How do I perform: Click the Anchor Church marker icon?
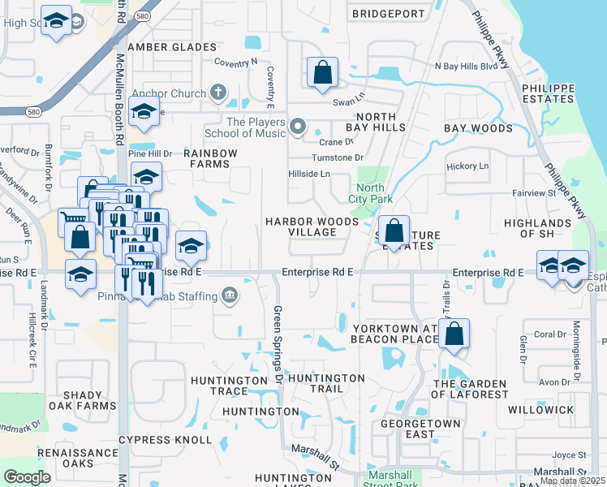click(217, 93)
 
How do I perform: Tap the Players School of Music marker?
click(298, 126)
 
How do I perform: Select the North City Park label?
click(370, 193)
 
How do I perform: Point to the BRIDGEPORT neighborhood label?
click(389, 14)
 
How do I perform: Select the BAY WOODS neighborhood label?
click(478, 128)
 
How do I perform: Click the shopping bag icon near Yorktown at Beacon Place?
click(454, 333)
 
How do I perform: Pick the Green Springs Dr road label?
click(278, 333)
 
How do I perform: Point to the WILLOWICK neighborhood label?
click(541, 410)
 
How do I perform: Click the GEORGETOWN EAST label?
click(421, 429)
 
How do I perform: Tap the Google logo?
click(27, 477)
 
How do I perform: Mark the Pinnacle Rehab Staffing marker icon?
click(230, 293)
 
